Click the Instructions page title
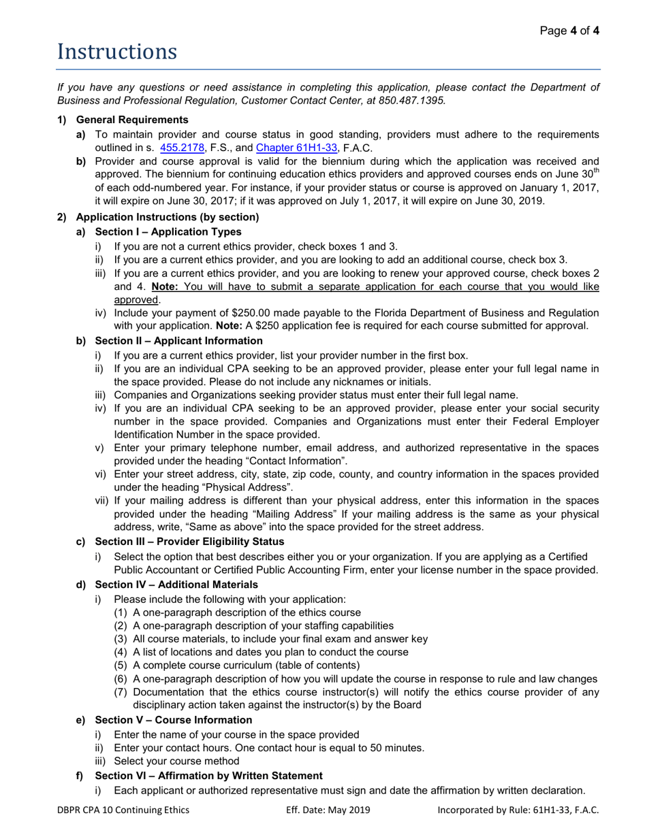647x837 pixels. pos(116,52)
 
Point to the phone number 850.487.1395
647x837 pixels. pos(413,100)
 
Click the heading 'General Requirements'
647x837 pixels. pos(132,120)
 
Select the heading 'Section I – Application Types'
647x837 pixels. pos(168,232)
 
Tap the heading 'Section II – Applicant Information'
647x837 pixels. pos(178,340)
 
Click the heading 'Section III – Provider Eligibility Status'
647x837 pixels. pos(189,542)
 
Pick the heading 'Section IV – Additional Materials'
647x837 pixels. pos(176,585)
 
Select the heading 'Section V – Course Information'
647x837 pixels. pos(173,720)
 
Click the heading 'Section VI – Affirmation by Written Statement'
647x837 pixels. pos(208,776)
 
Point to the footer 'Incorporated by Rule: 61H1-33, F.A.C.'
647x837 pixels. pos(518,810)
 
